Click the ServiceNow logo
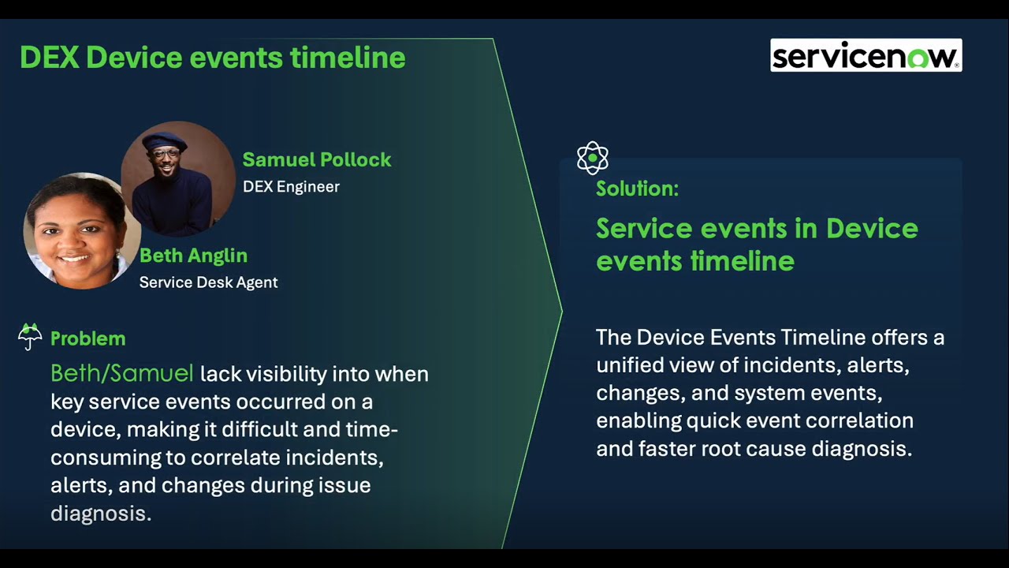pyautogui.click(x=866, y=56)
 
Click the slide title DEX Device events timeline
pyautogui.click(x=212, y=58)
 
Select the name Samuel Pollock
pyautogui.click(x=316, y=159)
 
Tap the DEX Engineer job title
pyautogui.click(x=291, y=187)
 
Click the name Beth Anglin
pyautogui.click(x=193, y=256)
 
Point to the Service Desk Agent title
pyautogui.click(x=208, y=282)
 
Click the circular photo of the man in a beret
pyautogui.click(x=177, y=179)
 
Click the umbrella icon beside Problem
pyautogui.click(x=30, y=337)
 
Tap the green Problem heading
pyautogui.click(x=87, y=338)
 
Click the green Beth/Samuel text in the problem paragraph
pyautogui.click(x=121, y=373)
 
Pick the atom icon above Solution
pyautogui.click(x=592, y=158)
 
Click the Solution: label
pyautogui.click(x=637, y=189)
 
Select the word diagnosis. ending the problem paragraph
pyautogui.click(x=100, y=514)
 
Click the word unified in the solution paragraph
pyautogui.click(x=632, y=365)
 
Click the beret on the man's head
pyautogui.click(x=164, y=140)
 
